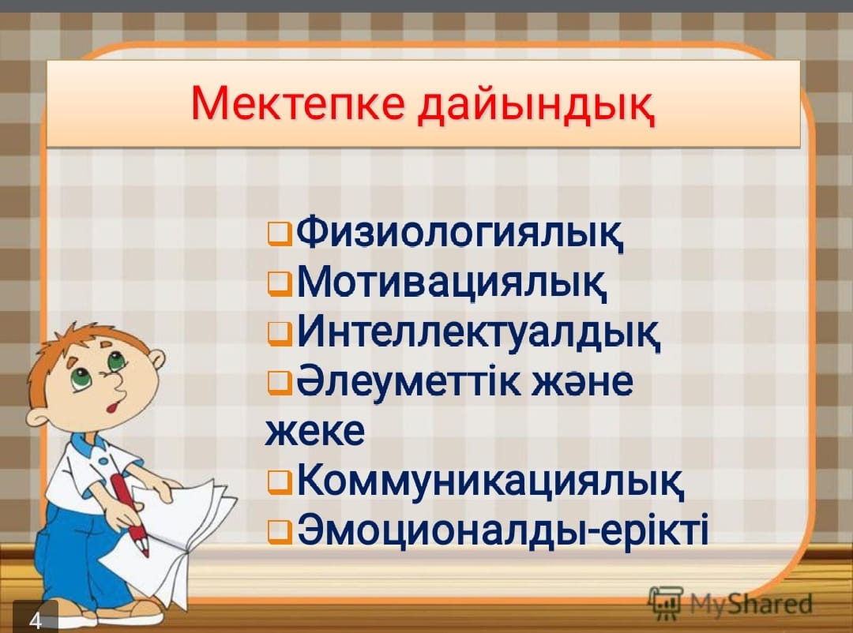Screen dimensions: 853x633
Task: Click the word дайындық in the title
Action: point(536,106)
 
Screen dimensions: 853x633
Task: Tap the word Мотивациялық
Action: point(452,283)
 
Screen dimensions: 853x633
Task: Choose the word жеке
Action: point(314,432)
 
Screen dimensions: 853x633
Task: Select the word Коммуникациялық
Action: point(490,481)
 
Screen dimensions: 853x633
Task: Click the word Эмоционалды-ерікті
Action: point(502,529)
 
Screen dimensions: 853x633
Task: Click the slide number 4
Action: point(36,620)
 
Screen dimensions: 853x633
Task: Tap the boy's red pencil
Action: point(130,514)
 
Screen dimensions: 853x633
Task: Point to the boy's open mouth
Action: point(113,405)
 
